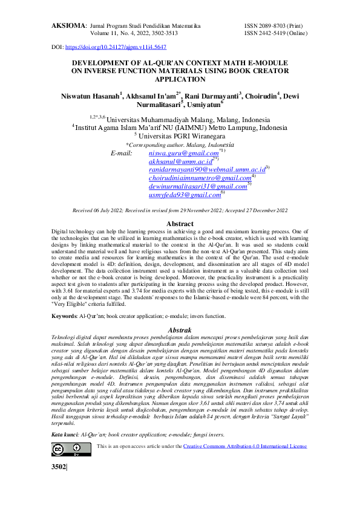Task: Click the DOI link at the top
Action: coord(115,47)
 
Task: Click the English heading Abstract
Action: coord(180,224)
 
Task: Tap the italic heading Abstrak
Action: coord(180,330)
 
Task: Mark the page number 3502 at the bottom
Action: coord(59,468)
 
